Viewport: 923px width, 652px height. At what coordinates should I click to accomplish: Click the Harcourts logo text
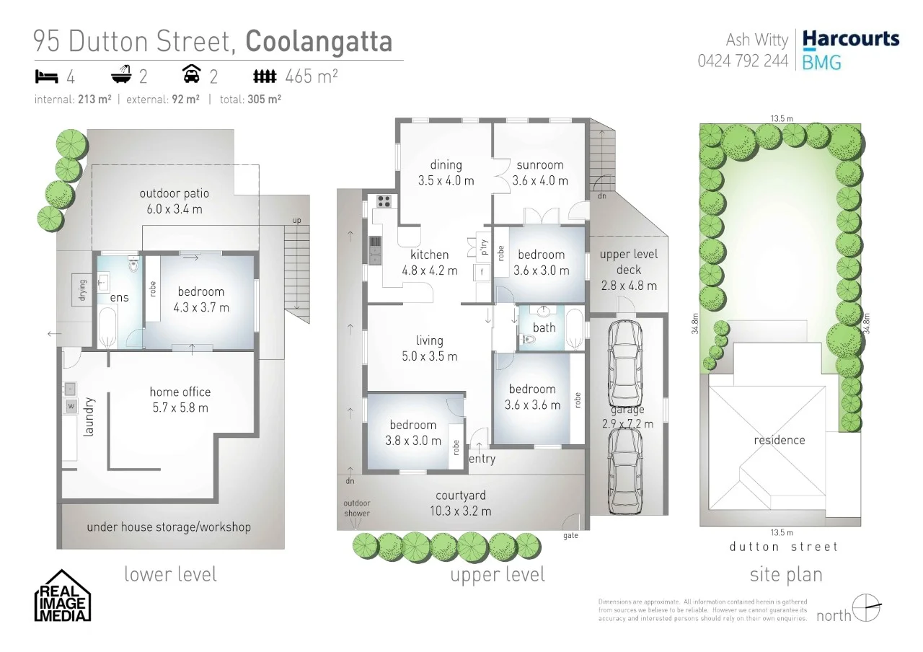[x=851, y=39]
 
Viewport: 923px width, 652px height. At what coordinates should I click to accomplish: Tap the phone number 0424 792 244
[x=743, y=61]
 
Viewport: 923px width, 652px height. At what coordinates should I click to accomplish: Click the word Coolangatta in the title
[x=319, y=41]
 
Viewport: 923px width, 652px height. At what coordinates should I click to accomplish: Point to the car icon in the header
[x=192, y=75]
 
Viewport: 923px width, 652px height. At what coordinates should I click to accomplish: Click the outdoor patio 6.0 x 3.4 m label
[x=171, y=201]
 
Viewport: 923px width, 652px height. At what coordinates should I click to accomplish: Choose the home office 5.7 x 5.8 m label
[x=180, y=400]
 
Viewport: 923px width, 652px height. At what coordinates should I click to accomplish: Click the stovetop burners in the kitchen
[x=384, y=201]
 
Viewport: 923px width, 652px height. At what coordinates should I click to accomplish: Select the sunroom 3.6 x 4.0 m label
[x=540, y=172]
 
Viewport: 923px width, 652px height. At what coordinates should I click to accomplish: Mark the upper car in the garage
[x=625, y=364]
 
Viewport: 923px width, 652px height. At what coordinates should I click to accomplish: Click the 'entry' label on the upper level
[x=482, y=459]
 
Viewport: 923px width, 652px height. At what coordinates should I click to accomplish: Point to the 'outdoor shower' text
[x=356, y=508]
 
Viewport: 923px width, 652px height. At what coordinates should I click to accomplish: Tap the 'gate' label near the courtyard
[x=570, y=536]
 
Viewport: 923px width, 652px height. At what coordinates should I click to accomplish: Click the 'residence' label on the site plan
[x=780, y=440]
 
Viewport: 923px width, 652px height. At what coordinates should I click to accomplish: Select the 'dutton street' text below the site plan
[x=784, y=547]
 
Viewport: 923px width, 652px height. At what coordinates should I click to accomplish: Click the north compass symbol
[x=866, y=607]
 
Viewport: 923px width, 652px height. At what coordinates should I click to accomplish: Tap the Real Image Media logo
[x=63, y=596]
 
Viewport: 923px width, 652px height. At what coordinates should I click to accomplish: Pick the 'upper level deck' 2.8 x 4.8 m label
[x=628, y=270]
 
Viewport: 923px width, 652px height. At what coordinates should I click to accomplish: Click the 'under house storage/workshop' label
[x=169, y=527]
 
